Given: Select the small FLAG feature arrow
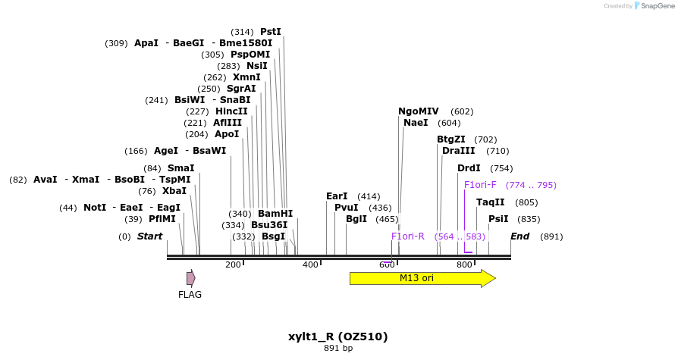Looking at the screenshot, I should coord(190,278).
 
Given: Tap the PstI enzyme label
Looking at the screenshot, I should coord(271,32).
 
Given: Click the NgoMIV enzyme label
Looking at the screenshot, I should coord(419,111).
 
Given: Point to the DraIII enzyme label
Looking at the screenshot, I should coord(458,151).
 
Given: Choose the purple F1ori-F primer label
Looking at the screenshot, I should coord(480,184).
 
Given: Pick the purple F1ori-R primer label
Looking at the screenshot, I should coord(408,236).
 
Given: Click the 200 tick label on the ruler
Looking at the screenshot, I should coord(233,265).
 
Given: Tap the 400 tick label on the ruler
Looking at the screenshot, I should coord(310,265).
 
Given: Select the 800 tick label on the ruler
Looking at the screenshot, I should coord(464,265).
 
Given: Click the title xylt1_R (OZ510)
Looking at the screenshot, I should coord(338,337).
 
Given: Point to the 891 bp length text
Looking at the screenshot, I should coord(338,349).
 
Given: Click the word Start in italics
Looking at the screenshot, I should coord(149,236).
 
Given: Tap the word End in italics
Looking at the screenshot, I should coord(519,236).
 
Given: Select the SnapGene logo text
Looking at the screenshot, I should coord(658,6).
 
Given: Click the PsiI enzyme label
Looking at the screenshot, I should coord(498,219).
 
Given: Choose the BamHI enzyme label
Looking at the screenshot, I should coord(275,214).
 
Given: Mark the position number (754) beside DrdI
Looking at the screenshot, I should coord(501,168).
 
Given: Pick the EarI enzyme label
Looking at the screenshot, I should coord(337,196).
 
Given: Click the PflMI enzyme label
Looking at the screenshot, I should coord(162,219).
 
